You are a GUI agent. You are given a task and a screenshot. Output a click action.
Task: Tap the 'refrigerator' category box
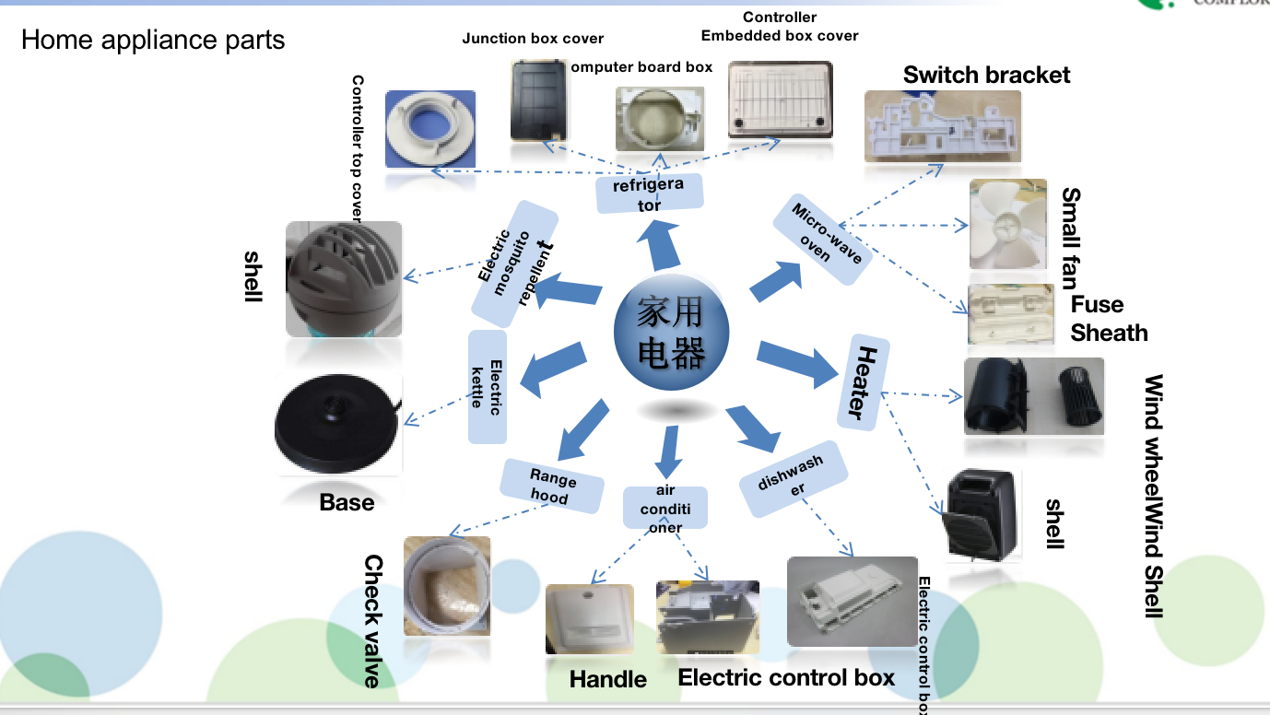(x=650, y=193)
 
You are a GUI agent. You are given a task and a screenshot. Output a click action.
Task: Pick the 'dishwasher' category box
(x=794, y=480)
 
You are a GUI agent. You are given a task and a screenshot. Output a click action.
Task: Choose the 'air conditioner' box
(x=664, y=509)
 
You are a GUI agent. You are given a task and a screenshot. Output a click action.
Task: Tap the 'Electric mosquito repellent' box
(x=514, y=263)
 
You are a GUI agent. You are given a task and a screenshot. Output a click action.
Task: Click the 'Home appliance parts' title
(x=153, y=40)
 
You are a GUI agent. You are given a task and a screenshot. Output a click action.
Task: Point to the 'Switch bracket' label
(x=986, y=75)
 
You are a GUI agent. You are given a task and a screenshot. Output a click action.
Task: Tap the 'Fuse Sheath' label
(x=1109, y=318)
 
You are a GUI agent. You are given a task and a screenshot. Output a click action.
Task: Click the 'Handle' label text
(x=608, y=679)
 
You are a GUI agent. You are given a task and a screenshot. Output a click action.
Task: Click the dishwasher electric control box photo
(x=852, y=601)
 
